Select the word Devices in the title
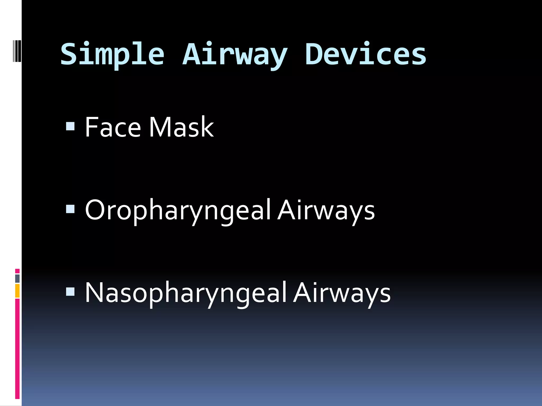(x=365, y=54)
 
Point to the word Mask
(x=181, y=127)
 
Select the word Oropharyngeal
(x=178, y=211)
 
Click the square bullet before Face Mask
(x=70, y=126)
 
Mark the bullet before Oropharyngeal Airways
(x=70, y=209)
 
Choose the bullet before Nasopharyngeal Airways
(x=70, y=292)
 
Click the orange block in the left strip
(x=17, y=291)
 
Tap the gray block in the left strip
(x=17, y=279)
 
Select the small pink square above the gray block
(x=17, y=271)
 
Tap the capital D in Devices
(x=313, y=54)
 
